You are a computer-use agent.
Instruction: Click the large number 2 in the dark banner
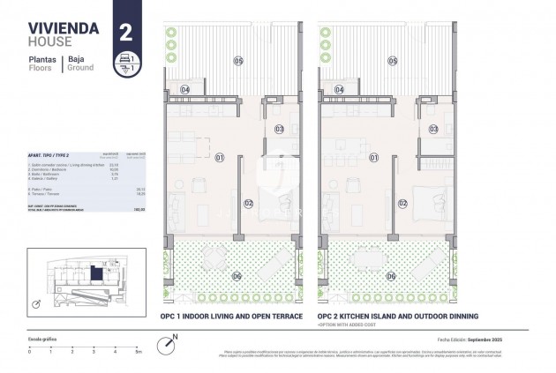(125, 33)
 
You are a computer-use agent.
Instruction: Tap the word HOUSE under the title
(48, 41)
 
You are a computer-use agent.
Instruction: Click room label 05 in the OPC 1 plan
(237, 60)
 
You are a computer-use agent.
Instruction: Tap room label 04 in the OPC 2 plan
(339, 90)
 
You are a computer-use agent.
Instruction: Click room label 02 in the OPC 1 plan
(249, 204)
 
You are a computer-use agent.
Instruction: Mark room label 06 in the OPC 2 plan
(390, 276)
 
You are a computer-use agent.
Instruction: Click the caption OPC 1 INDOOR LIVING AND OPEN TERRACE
(231, 316)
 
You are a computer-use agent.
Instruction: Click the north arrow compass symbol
(167, 342)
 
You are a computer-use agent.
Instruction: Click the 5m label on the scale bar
(137, 351)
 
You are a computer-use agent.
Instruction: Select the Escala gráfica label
(42, 339)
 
